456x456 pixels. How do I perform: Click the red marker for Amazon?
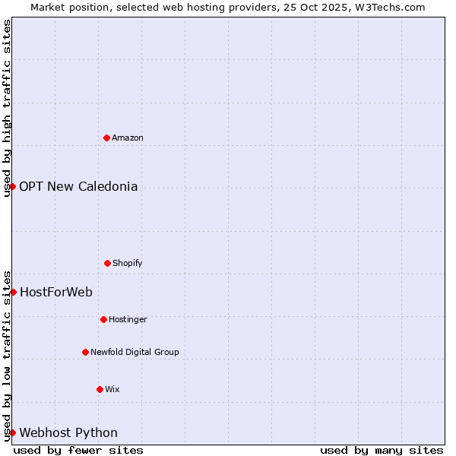pyautogui.click(x=106, y=138)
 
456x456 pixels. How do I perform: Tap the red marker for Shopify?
pyautogui.click(x=107, y=263)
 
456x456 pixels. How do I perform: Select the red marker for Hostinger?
pyautogui.click(x=103, y=319)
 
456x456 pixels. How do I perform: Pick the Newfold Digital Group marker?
pyautogui.click(x=85, y=352)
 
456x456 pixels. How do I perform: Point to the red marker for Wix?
pyautogui.click(x=100, y=389)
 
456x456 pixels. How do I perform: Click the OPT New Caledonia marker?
pyautogui.click(x=13, y=186)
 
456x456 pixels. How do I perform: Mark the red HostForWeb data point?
pyautogui.click(x=13, y=292)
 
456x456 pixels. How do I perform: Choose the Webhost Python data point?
pyautogui.click(x=13, y=432)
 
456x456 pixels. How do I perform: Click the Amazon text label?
pyautogui.click(x=128, y=138)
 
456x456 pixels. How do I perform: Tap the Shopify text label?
pyautogui.click(x=128, y=263)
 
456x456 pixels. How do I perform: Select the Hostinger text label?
pyautogui.click(x=128, y=319)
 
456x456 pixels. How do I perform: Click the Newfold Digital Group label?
pyautogui.click(x=135, y=352)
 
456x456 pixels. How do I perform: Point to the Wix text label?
pyautogui.click(x=112, y=389)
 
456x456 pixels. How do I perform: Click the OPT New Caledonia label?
pyautogui.click(x=78, y=186)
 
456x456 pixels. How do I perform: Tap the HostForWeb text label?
pyautogui.click(x=55, y=292)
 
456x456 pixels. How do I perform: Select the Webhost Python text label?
pyautogui.click(x=68, y=432)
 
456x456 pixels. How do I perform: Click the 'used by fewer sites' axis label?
pyautogui.click(x=78, y=450)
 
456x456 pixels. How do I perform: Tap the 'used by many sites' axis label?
pyautogui.click(x=382, y=450)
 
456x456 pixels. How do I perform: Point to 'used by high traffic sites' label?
pyautogui.click(x=7, y=108)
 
